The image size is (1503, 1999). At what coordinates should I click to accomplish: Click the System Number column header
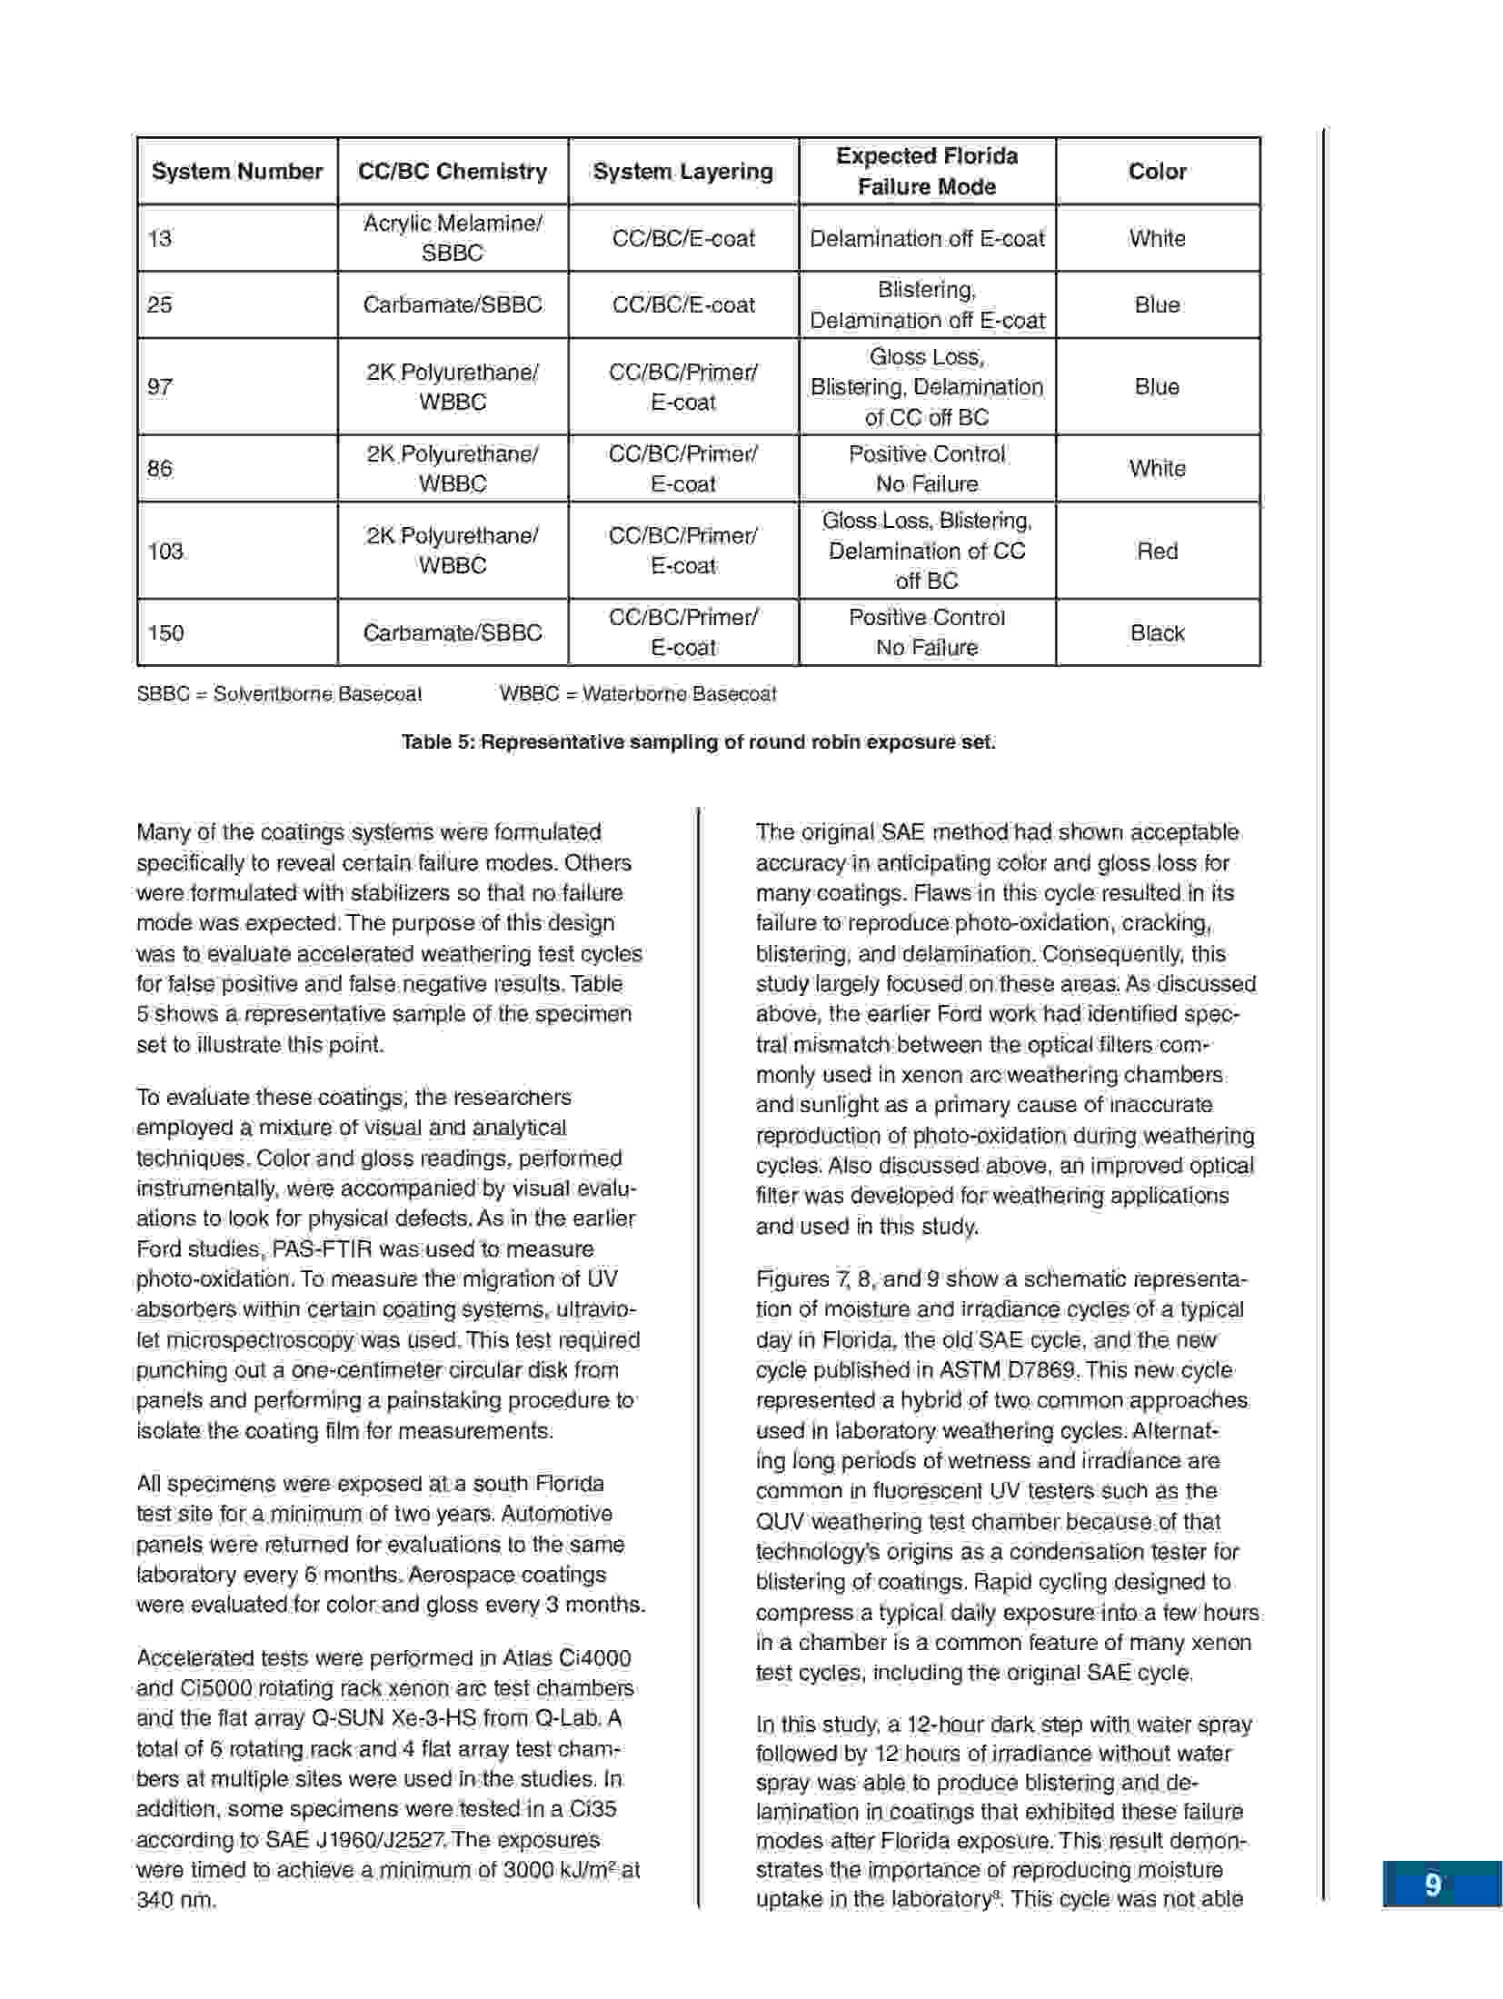237,172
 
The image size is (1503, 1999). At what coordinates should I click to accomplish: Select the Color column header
1157,172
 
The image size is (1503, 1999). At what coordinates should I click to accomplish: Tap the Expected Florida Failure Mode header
926,172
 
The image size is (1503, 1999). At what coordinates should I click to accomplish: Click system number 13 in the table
160,239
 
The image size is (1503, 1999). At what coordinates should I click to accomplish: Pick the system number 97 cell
160,387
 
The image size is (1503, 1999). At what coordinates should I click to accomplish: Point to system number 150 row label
165,633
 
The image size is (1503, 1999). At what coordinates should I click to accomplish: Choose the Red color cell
1157,552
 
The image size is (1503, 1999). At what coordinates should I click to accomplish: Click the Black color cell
1157,633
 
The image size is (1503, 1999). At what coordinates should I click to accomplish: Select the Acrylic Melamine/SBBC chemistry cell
453,238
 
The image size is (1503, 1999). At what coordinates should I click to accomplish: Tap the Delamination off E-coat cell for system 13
927,239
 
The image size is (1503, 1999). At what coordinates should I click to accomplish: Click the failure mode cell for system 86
927,469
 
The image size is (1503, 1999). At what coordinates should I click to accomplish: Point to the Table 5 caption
698,742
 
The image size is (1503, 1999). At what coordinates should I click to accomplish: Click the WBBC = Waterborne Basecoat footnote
638,695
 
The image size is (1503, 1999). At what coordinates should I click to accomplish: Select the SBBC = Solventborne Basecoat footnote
279,695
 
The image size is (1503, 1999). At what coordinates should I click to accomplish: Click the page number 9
1433,1885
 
